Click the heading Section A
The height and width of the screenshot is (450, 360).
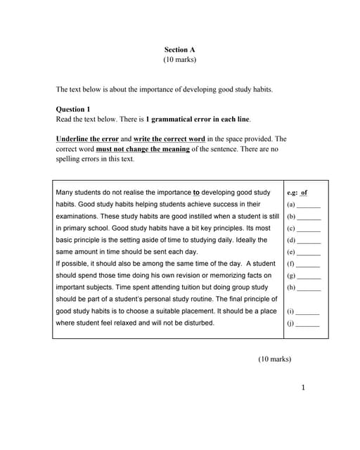pos(179,49)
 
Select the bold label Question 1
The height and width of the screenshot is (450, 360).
pos(73,109)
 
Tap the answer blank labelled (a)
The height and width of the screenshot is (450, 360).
pos(309,205)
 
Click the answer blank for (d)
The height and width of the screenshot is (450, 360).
pos(309,240)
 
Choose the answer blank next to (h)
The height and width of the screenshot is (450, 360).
pos(309,288)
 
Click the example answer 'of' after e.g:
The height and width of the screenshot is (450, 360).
pos(304,192)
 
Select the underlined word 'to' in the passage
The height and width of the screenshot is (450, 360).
pos(196,192)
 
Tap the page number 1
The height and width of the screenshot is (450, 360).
pos(302,387)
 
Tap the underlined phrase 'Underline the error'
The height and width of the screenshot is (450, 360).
pos(87,139)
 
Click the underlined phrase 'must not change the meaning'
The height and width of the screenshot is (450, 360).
pos(143,149)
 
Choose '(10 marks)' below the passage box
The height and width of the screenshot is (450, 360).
pos(274,359)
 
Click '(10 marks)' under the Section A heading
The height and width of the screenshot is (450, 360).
pos(179,60)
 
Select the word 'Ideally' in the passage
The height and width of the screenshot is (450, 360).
pos(250,240)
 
